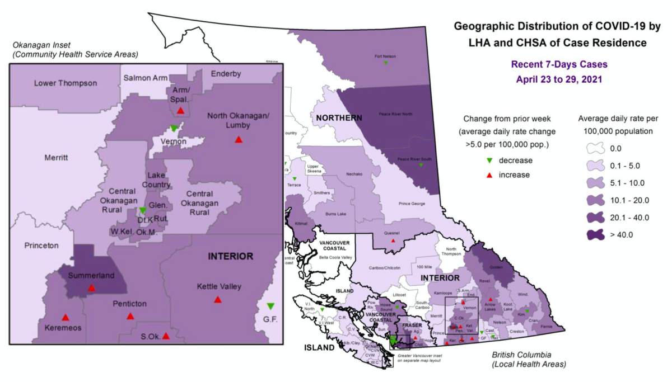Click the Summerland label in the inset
point(91,276)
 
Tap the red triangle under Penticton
point(130,316)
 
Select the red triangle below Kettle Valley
point(218,300)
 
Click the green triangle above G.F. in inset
point(270,306)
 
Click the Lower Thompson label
point(66,83)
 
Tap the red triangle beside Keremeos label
point(66,317)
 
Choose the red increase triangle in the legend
point(489,175)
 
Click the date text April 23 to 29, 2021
point(558,79)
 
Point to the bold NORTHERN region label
point(339,118)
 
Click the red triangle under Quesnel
point(393,240)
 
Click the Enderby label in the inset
point(226,74)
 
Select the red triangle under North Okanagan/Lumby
point(239,139)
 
